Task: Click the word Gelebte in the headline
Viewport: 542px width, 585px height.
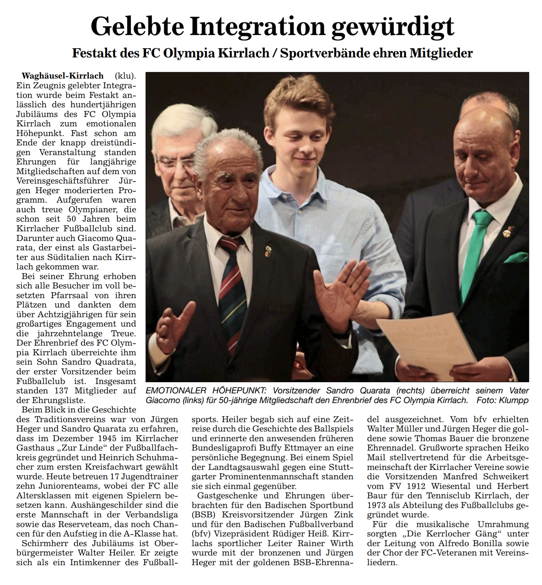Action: click(137, 27)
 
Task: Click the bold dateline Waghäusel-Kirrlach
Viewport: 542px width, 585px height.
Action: click(63, 76)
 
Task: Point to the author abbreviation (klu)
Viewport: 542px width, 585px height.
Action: click(125, 76)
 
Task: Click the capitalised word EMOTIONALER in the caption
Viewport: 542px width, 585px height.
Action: click(176, 391)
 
